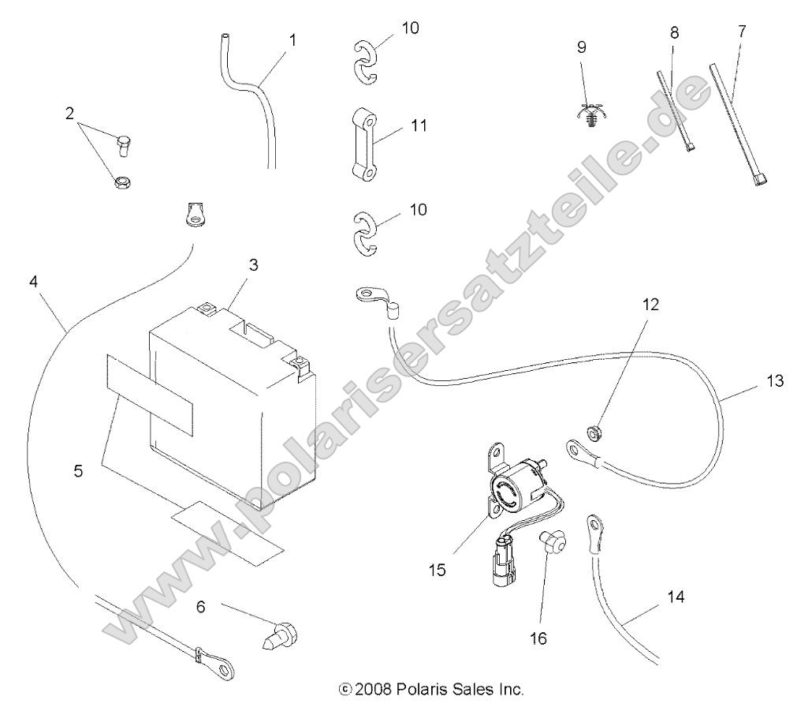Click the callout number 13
[776, 382]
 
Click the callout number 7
[741, 32]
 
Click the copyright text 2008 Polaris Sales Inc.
[430, 689]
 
